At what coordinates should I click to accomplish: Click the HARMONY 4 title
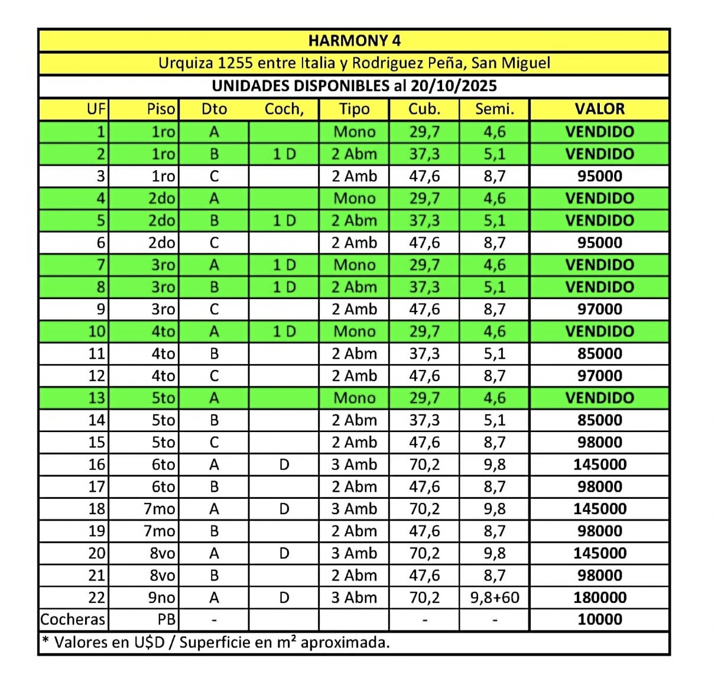[354, 41]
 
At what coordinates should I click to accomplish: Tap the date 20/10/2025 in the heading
[453, 86]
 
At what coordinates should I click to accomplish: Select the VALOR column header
[599, 109]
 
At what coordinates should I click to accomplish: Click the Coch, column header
[284, 109]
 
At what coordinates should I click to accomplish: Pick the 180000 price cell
[599, 598]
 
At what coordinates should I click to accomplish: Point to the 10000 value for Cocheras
[599, 620]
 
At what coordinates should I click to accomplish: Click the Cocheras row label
[73, 620]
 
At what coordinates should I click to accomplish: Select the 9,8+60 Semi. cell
[495, 598]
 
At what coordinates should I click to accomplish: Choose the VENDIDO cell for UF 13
[599, 398]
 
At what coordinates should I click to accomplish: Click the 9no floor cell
[161, 598]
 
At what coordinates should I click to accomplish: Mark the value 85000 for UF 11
[599, 353]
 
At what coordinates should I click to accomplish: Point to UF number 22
[96, 598]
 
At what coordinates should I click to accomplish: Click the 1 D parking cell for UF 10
[284, 332]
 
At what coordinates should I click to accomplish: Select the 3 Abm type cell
[353, 598]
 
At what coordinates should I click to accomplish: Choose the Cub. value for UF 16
[424, 465]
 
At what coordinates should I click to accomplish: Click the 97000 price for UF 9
[599, 309]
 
